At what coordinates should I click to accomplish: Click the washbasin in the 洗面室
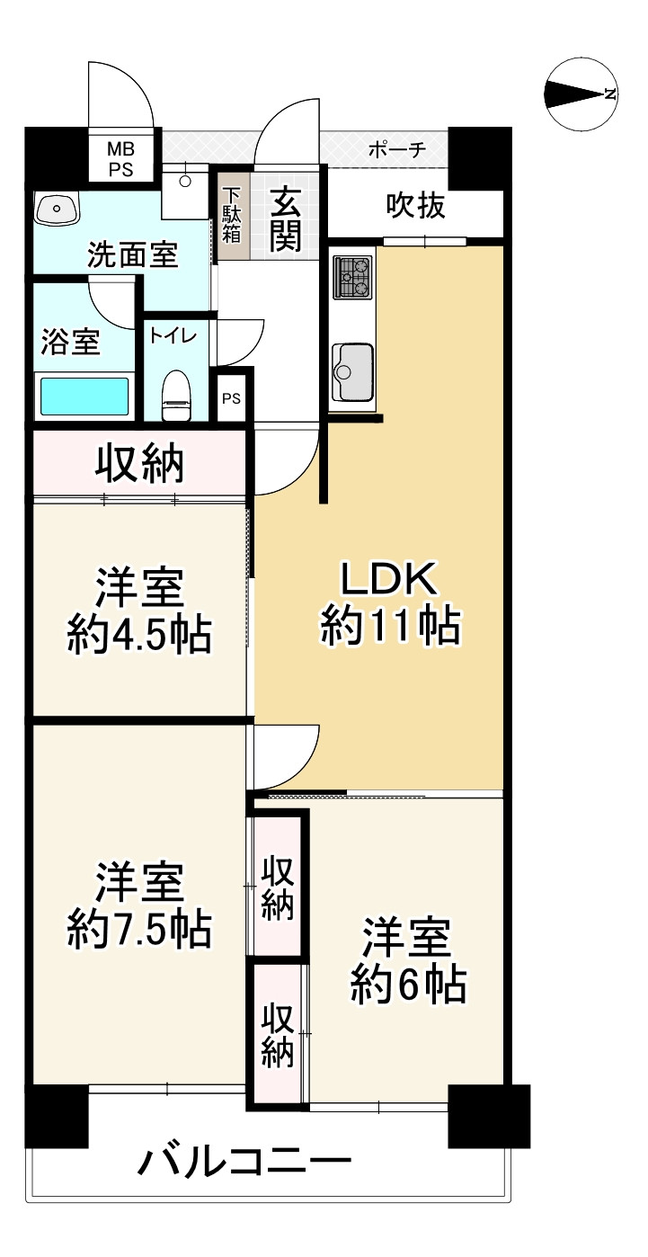(57, 210)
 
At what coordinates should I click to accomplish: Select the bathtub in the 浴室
(84, 397)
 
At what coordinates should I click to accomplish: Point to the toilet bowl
(176, 396)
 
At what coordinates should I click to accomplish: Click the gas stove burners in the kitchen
(352, 277)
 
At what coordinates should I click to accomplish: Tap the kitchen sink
(351, 371)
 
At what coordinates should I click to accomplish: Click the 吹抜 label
(415, 206)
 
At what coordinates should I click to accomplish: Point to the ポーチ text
(395, 149)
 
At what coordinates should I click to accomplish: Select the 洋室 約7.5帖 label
(140, 904)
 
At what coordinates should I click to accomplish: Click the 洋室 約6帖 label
(408, 959)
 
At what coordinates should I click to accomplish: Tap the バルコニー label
(244, 1163)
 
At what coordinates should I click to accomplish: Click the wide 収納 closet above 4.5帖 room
(140, 463)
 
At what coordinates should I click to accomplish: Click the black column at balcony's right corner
(488, 1116)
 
